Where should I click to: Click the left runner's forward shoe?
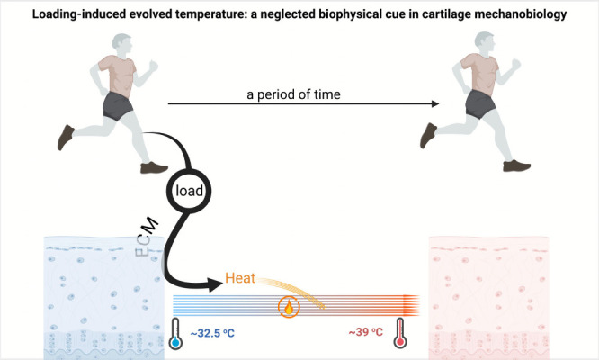coord(154,167)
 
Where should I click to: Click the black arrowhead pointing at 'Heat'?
coord(214,284)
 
